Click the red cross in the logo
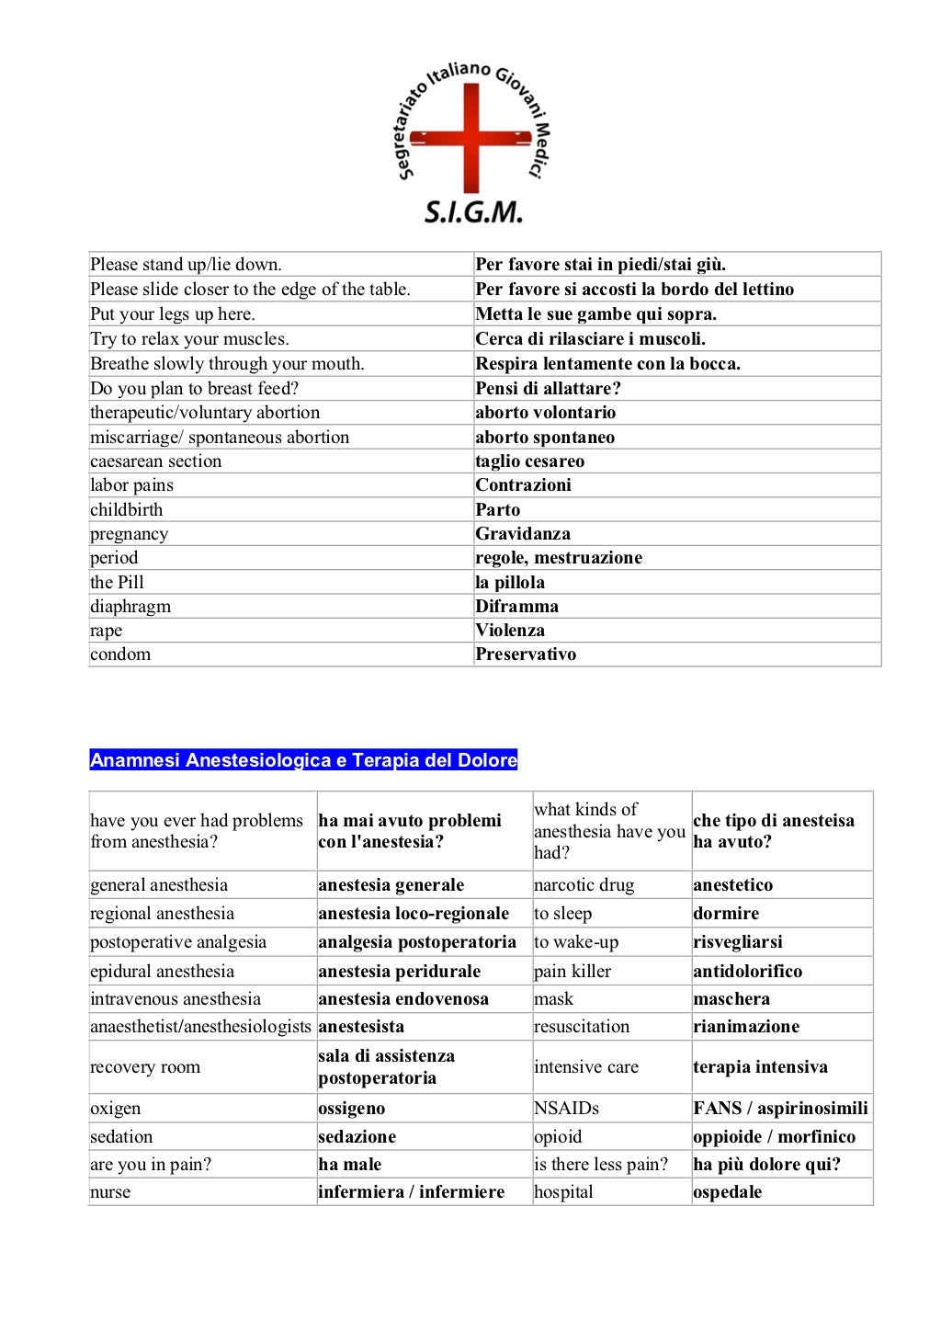(471, 139)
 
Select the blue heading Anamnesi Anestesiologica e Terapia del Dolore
(303, 760)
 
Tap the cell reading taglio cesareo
(530, 461)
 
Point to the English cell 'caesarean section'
(156, 461)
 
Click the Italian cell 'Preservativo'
(526, 655)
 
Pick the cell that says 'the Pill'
(117, 583)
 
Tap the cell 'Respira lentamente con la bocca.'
(608, 364)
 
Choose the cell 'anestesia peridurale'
(400, 972)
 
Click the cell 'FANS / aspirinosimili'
(780, 1109)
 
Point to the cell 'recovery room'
(145, 1067)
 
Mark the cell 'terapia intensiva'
(760, 1067)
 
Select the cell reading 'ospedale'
(728, 1192)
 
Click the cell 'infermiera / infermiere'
(412, 1192)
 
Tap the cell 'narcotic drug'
(584, 885)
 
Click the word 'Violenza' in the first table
(510, 631)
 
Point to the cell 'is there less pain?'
(601, 1165)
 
